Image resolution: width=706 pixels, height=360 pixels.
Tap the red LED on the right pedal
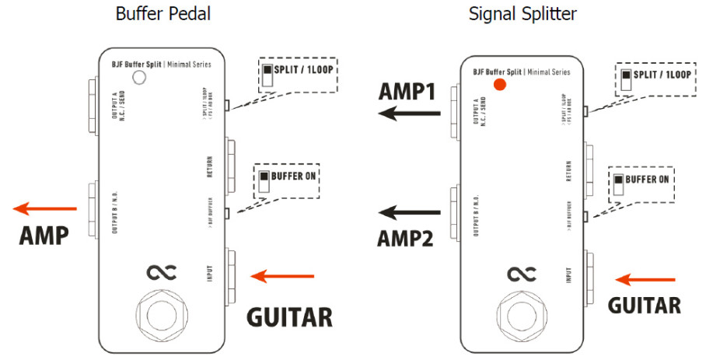[x=500, y=84]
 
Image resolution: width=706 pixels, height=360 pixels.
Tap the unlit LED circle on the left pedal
[x=139, y=76]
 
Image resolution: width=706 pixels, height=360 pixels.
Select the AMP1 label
[x=407, y=91]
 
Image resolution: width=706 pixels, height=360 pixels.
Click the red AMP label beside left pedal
[x=44, y=235]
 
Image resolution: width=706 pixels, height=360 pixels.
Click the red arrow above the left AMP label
[x=45, y=208]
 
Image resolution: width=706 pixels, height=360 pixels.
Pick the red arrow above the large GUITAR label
[x=284, y=275]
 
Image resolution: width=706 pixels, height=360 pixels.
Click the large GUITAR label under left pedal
[x=289, y=316]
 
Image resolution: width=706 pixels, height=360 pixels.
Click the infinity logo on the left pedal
[x=162, y=271]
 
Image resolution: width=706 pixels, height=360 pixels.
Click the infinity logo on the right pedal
[x=521, y=274]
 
